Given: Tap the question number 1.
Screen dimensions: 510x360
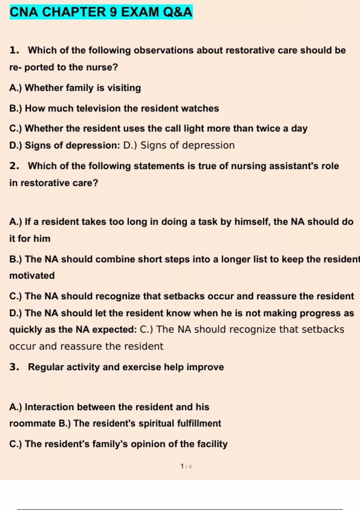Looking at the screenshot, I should pyautogui.click(x=14, y=50).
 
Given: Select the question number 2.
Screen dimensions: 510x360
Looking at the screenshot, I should pyautogui.click(x=14, y=166).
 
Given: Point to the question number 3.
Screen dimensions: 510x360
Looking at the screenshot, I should pyautogui.click(x=14, y=367).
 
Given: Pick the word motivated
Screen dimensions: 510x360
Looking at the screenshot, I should pyautogui.click(x=32, y=276).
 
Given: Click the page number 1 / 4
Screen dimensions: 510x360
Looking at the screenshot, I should pyautogui.click(x=186, y=466).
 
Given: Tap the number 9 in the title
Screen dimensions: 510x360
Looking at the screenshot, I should pyautogui.click(x=112, y=12).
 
